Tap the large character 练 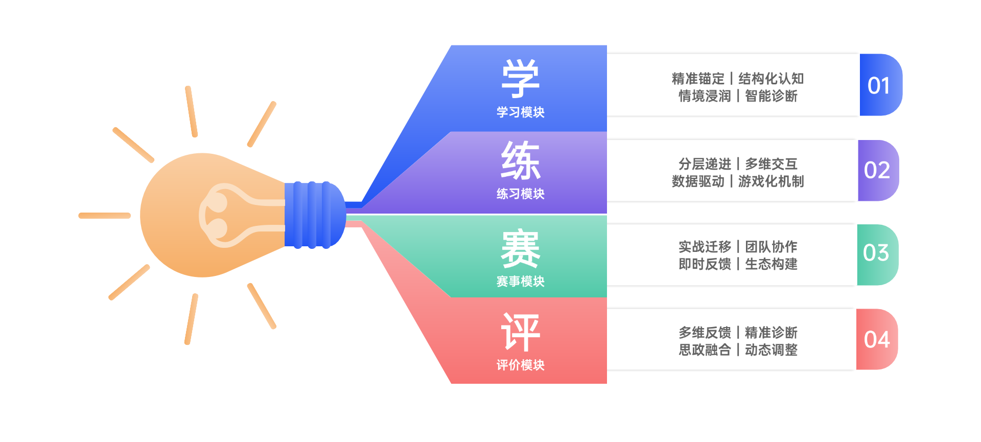pos(520,160)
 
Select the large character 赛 pos(520,249)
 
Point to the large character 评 pos(520,332)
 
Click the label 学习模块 pos(520,112)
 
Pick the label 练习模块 pos(520,194)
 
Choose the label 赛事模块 pos(520,281)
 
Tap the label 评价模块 pos(520,365)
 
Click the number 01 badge pos(879,85)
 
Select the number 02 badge pos(877,170)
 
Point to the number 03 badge pos(876,253)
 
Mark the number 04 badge pos(877,340)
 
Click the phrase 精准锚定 pos(698,79)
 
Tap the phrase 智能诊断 pos(771,96)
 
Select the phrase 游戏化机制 pos(771,181)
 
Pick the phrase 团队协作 pos(771,247)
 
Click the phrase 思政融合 pos(705,350)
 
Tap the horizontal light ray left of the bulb pos(105,216)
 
